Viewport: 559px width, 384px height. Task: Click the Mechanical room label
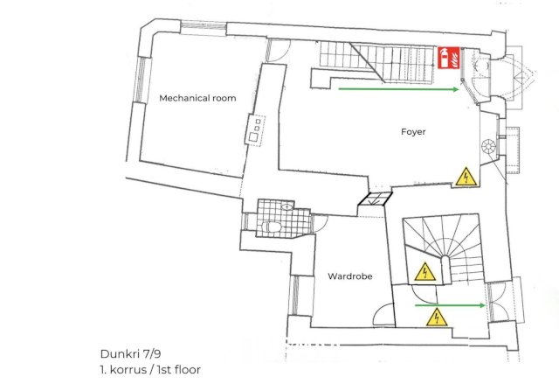click(197, 98)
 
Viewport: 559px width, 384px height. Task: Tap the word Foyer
click(413, 132)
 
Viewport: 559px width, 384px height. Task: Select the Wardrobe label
click(349, 276)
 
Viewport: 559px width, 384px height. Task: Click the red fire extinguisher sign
click(448, 58)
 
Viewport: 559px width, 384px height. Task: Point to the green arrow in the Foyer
click(398, 89)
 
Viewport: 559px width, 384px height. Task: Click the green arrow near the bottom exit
click(450, 305)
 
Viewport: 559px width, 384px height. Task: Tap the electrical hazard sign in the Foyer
click(466, 177)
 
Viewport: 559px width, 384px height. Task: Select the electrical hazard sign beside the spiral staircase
click(425, 271)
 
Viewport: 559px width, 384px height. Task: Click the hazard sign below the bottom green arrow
click(437, 318)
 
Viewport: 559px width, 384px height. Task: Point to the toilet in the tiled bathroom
click(272, 227)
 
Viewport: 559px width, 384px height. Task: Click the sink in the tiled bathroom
click(286, 206)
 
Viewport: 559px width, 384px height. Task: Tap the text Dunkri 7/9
click(130, 353)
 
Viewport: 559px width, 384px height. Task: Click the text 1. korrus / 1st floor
click(150, 370)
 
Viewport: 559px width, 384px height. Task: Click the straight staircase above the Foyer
click(376, 61)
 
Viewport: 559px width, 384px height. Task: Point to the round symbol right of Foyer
click(488, 146)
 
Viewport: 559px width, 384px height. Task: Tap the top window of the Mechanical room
click(204, 26)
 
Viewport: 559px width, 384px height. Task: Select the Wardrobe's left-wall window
click(295, 295)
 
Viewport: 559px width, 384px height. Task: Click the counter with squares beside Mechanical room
click(255, 129)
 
